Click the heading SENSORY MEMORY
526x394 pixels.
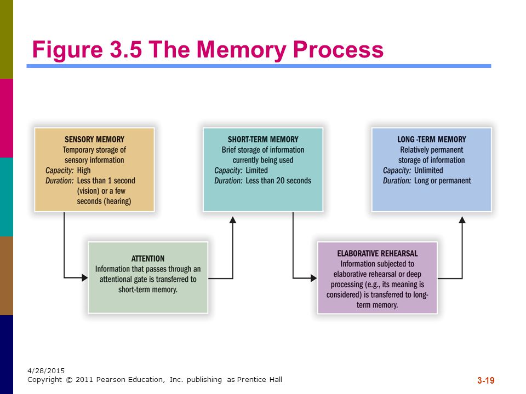94,140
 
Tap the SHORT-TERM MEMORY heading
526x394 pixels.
263,140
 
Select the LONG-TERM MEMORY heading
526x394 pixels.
432,140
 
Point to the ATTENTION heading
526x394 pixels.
148,259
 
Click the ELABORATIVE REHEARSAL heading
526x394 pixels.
378,253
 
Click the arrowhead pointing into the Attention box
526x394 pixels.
84,277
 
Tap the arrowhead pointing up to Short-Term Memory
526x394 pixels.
233,220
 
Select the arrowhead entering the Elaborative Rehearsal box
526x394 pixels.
313,278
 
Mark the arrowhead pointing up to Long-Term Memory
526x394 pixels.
462,220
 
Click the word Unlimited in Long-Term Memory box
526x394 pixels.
428,170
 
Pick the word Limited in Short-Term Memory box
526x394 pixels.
256,170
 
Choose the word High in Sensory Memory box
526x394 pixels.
84,171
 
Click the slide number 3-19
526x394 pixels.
486,380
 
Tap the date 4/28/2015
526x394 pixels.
46,370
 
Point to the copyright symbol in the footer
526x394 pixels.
69,380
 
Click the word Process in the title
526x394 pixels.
338,50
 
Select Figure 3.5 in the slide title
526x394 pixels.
87,50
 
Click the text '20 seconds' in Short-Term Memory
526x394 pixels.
294,181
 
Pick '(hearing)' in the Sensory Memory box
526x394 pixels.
117,201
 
